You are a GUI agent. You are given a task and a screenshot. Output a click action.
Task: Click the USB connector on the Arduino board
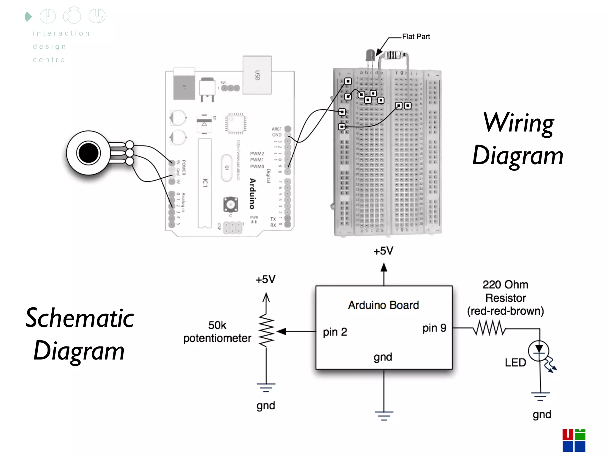[257, 75]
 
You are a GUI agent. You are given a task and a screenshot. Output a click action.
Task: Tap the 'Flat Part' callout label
[416, 37]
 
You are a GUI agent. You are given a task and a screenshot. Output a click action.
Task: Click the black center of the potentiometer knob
[88, 153]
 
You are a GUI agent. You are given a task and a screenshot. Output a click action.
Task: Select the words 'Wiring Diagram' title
[518, 139]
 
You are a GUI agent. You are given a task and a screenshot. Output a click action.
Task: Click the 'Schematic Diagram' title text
[79, 334]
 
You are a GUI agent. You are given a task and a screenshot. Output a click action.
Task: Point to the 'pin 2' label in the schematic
[335, 332]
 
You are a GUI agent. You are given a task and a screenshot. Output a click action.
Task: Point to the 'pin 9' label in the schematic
[434, 328]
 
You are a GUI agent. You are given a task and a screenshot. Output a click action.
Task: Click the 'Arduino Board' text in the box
[383, 305]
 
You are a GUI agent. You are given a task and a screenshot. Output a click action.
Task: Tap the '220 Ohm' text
[505, 285]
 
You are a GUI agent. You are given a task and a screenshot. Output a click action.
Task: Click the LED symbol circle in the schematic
[539, 351]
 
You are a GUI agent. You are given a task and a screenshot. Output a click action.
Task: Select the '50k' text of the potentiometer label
[217, 325]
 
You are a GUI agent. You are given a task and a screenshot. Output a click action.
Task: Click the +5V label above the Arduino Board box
[383, 251]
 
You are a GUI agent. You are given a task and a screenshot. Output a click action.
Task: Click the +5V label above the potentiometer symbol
[266, 279]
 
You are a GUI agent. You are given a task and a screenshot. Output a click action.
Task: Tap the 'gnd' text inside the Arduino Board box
[383, 357]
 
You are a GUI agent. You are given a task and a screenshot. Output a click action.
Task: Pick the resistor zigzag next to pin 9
[489, 328]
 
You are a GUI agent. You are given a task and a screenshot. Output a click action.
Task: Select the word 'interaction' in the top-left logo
[61, 33]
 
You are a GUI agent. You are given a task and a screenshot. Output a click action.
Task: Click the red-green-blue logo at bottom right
[574, 440]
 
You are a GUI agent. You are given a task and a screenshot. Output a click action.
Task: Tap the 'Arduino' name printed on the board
[252, 194]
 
